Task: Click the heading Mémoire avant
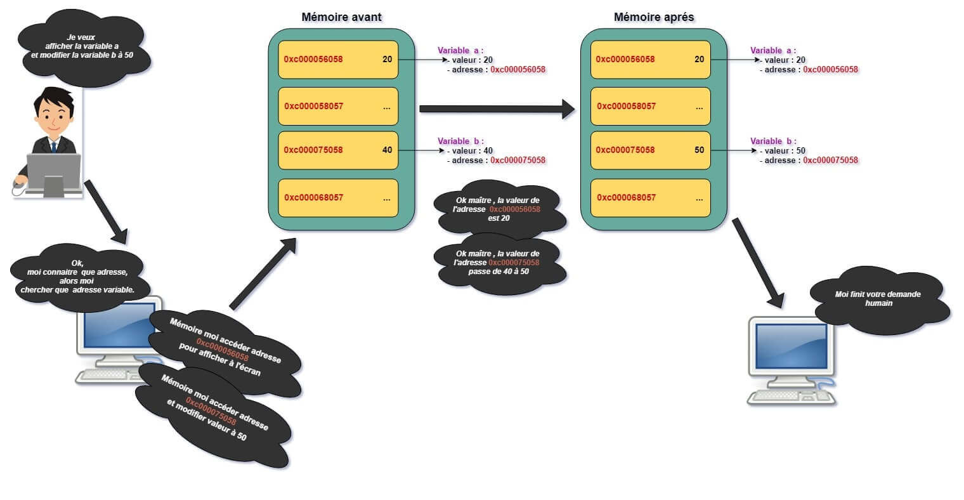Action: pos(341,17)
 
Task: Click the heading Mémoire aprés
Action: pos(654,17)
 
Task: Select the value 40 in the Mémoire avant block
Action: pos(387,150)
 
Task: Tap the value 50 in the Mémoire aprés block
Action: pos(699,150)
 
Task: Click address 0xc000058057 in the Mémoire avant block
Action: pos(313,106)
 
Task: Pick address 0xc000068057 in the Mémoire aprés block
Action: pos(626,197)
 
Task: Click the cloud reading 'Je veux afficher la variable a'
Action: pos(82,46)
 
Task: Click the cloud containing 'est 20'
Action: pos(498,209)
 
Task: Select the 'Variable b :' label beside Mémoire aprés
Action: pos(773,141)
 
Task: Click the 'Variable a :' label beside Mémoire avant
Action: pos(460,50)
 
